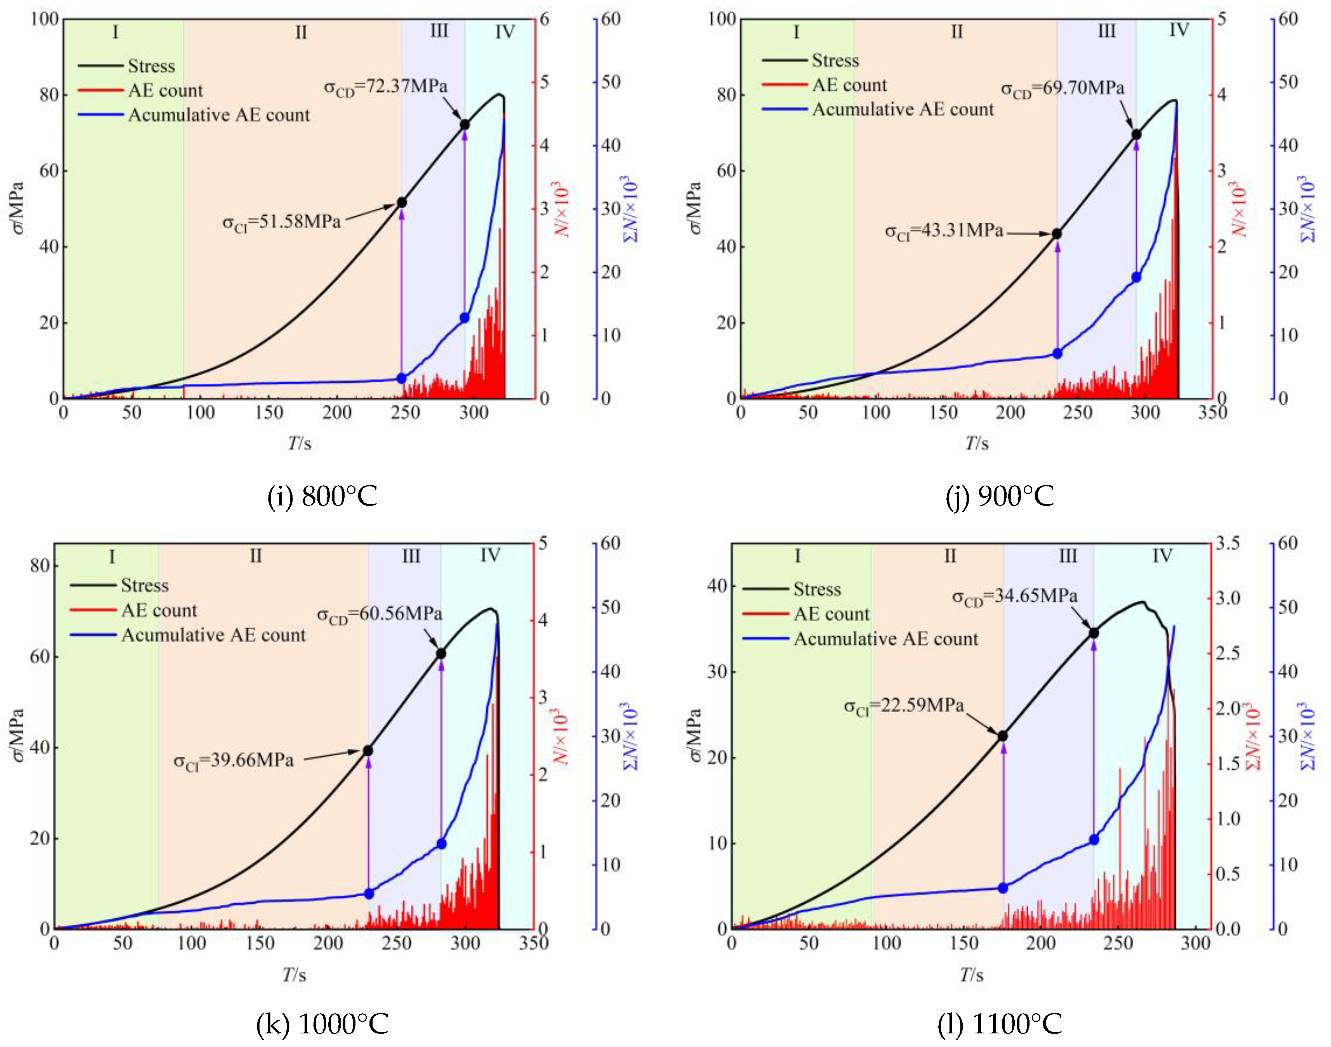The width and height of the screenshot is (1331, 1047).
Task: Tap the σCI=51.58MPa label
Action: click(281, 222)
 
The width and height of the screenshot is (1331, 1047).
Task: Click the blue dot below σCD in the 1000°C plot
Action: click(441, 844)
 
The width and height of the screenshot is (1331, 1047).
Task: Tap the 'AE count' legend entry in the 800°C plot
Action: click(165, 91)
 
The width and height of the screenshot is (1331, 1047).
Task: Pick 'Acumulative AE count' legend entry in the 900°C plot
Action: click(902, 110)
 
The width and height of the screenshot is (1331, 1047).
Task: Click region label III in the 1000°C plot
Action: click(411, 556)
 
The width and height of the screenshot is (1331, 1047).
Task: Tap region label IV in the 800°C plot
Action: click(505, 32)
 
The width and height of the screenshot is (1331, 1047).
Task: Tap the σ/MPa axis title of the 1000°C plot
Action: click(18, 735)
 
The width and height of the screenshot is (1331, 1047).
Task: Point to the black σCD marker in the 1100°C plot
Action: click(1094, 633)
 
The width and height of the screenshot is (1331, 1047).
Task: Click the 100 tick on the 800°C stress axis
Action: click(45, 19)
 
